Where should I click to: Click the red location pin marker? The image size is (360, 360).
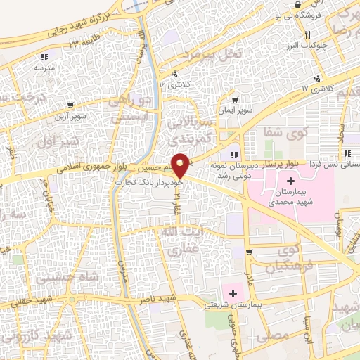pyautogui.click(x=181, y=165)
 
